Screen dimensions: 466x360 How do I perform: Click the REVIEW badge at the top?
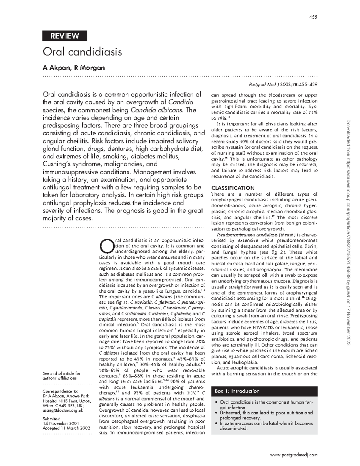click(65, 36)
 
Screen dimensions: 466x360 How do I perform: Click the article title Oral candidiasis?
click(82, 52)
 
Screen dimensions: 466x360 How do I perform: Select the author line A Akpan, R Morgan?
click(74, 68)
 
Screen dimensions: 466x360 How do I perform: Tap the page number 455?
click(313, 17)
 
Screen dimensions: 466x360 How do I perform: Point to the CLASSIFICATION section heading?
click(233, 188)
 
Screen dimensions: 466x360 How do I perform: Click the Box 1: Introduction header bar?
click(264, 391)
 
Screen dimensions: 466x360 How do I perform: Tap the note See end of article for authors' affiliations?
click(61, 376)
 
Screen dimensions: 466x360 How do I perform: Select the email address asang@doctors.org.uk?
click(63, 410)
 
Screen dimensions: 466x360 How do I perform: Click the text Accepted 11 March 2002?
click(66, 428)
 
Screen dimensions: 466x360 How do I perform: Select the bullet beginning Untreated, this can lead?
click(266, 415)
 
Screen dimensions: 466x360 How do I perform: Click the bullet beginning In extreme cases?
click(266, 426)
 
